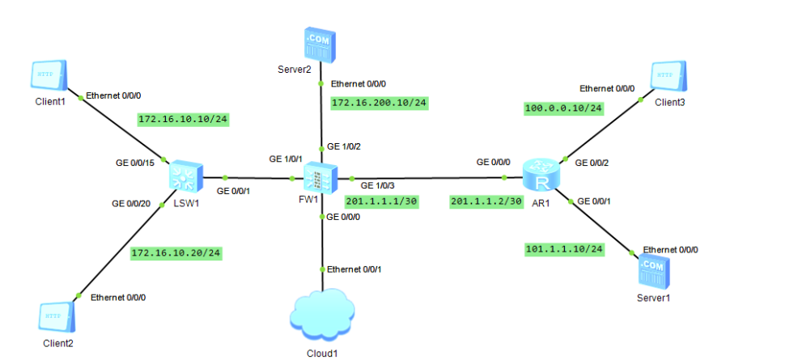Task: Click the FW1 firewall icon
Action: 322,177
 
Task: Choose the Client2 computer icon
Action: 57,315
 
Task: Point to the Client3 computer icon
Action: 669,75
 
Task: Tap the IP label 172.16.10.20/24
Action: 176,253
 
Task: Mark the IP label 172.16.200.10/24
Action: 379,103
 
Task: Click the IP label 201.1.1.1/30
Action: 381,201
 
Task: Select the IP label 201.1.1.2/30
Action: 486,201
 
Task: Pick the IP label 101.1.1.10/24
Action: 564,249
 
